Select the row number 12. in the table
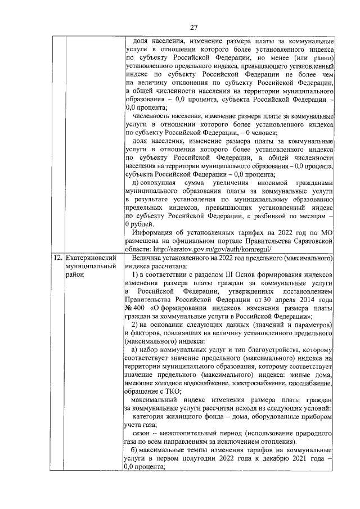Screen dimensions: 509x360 57,257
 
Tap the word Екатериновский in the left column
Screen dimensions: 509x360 93,257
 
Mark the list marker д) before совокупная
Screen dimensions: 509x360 136,183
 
